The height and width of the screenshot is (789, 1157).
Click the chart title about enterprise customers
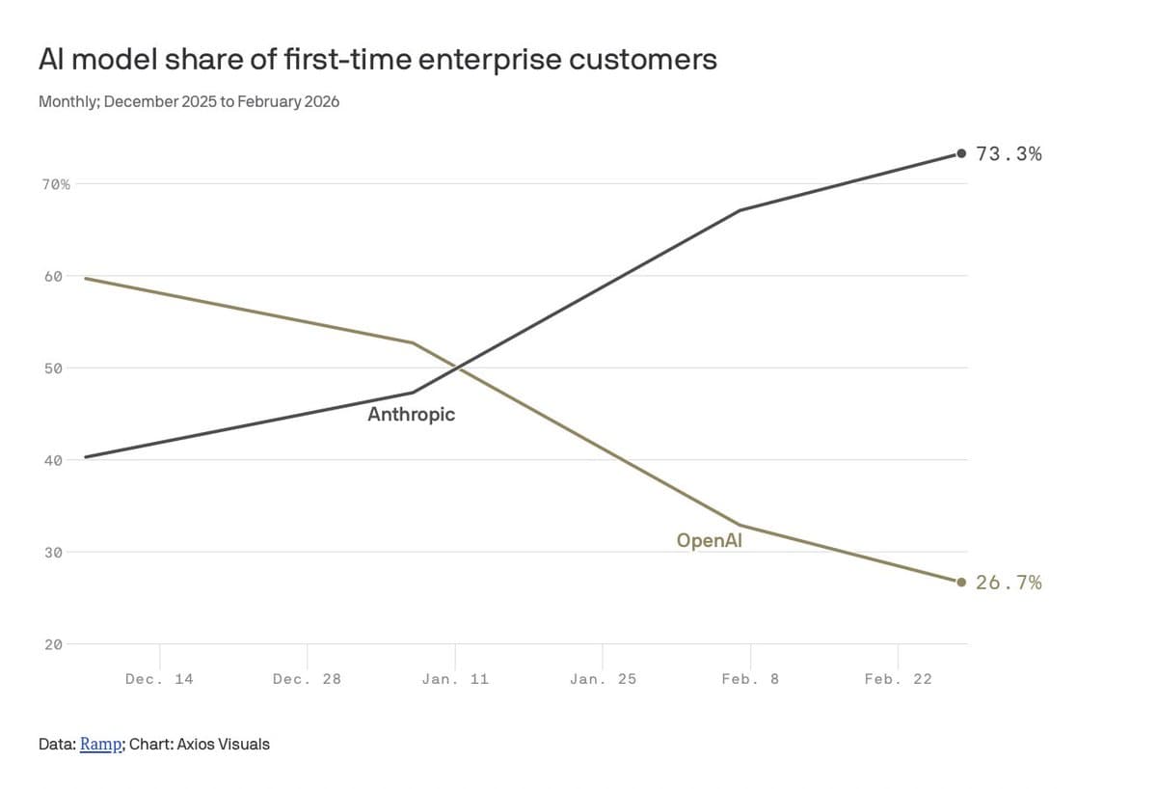[377, 60]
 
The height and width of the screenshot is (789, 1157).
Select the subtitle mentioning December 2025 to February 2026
[188, 101]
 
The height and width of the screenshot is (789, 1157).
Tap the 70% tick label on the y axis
[55, 183]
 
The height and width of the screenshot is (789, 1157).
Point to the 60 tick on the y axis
[53, 276]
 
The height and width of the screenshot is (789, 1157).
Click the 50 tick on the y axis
[53, 368]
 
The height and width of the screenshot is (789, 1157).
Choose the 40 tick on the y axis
[53, 460]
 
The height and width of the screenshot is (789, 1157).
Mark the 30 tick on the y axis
[53, 553]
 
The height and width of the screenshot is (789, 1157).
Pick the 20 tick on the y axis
[53, 644]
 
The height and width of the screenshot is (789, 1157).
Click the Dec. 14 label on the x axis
[159, 679]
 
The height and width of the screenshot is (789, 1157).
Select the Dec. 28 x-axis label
[307, 679]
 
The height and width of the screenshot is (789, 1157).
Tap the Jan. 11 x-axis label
[455, 679]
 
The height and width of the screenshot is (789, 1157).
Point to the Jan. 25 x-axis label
[603, 679]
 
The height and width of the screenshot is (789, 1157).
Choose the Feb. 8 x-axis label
[750, 679]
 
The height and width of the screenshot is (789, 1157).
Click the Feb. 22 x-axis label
[898, 679]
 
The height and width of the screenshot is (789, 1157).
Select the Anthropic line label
[411, 415]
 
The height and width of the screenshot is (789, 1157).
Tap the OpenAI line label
[709, 541]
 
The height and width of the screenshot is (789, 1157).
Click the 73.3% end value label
[1009, 153]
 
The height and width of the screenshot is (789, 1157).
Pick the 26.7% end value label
[1009, 582]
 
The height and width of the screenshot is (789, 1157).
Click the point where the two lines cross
[456, 367]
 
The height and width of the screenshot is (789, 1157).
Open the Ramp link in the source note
[100, 745]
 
